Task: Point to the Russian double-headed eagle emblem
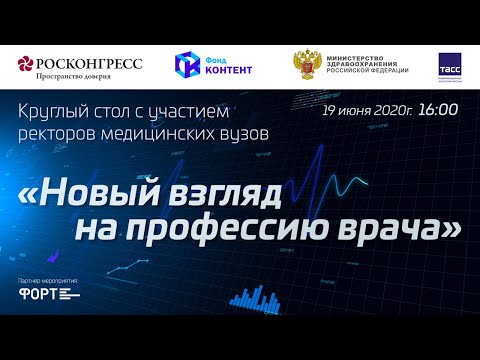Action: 307,65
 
